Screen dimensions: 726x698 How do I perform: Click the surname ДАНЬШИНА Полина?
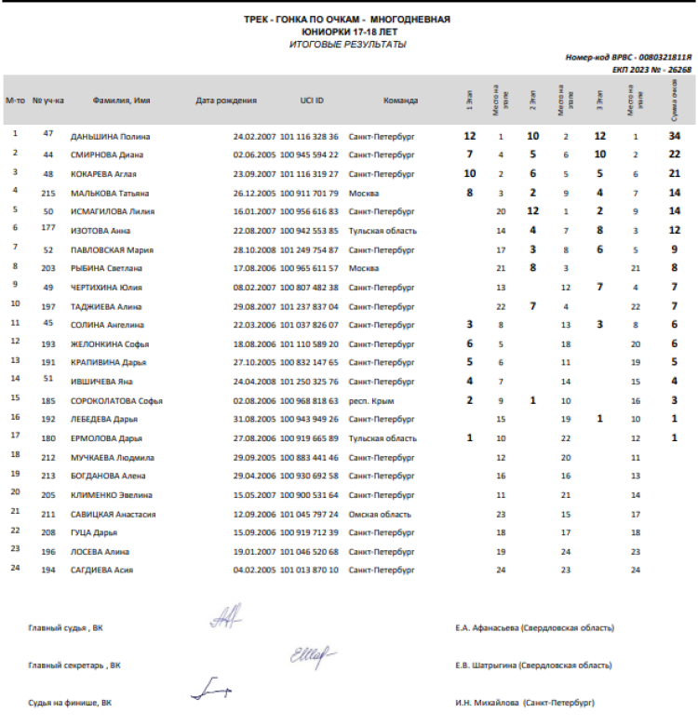(x=110, y=136)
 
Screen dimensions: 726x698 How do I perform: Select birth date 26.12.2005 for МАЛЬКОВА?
(x=254, y=193)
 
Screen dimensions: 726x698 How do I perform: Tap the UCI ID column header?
(x=311, y=101)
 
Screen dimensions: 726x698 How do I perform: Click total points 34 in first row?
(x=674, y=136)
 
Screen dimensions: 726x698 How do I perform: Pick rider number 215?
(x=48, y=192)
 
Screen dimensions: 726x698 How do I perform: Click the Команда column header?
(x=400, y=101)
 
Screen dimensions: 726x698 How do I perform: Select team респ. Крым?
(x=370, y=400)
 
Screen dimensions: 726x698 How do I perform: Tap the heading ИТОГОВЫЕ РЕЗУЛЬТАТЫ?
(x=347, y=44)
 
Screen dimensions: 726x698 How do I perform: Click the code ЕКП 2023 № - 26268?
(x=651, y=70)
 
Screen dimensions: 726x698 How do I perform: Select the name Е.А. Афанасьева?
(x=488, y=628)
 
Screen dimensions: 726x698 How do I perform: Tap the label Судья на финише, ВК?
(x=70, y=703)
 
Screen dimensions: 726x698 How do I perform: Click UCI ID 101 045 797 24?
(x=309, y=513)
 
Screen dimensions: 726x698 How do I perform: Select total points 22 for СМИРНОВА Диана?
(x=674, y=155)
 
